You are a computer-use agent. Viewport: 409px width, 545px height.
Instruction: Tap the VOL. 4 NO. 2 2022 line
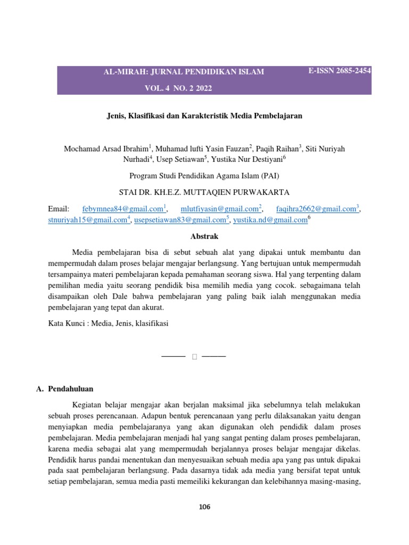178,88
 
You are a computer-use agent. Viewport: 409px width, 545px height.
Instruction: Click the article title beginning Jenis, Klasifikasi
204,115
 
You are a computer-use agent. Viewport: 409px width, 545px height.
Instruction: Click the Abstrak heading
204,236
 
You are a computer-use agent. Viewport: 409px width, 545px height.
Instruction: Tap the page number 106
204,507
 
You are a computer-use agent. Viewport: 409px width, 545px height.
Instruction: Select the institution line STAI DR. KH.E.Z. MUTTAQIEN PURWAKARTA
204,192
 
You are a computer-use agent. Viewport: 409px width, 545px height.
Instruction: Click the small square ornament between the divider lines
194,356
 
